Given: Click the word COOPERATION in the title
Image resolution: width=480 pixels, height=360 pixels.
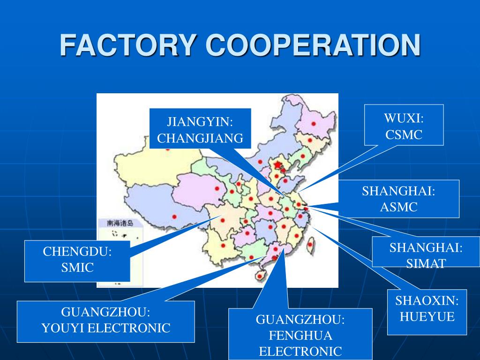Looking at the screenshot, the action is click(314, 45).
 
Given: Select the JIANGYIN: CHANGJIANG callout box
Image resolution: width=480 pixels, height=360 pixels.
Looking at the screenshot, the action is click(200, 128).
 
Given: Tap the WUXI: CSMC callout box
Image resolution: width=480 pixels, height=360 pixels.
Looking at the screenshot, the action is click(404, 125).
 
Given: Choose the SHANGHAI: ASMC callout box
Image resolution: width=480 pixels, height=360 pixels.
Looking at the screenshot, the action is click(398, 199).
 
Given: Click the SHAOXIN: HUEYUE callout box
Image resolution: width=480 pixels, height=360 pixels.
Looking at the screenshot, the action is click(427, 312).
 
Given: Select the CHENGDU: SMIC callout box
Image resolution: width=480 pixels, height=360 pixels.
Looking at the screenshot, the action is click(77, 261).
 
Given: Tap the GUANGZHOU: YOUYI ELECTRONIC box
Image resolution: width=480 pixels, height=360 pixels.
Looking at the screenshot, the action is click(106, 321).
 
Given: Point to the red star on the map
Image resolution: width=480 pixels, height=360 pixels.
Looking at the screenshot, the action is click(278, 165).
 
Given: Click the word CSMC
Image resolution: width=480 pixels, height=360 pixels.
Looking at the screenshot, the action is click(404, 135).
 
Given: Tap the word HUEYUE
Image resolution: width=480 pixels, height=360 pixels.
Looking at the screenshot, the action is click(427, 317).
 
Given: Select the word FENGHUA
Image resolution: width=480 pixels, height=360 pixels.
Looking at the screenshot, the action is click(300, 336).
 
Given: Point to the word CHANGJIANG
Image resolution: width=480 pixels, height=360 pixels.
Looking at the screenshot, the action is click(200, 138).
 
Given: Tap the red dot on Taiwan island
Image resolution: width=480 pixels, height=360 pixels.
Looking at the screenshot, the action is click(309, 244).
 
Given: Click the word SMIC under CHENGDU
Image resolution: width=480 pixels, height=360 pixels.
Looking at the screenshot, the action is click(77, 268).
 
